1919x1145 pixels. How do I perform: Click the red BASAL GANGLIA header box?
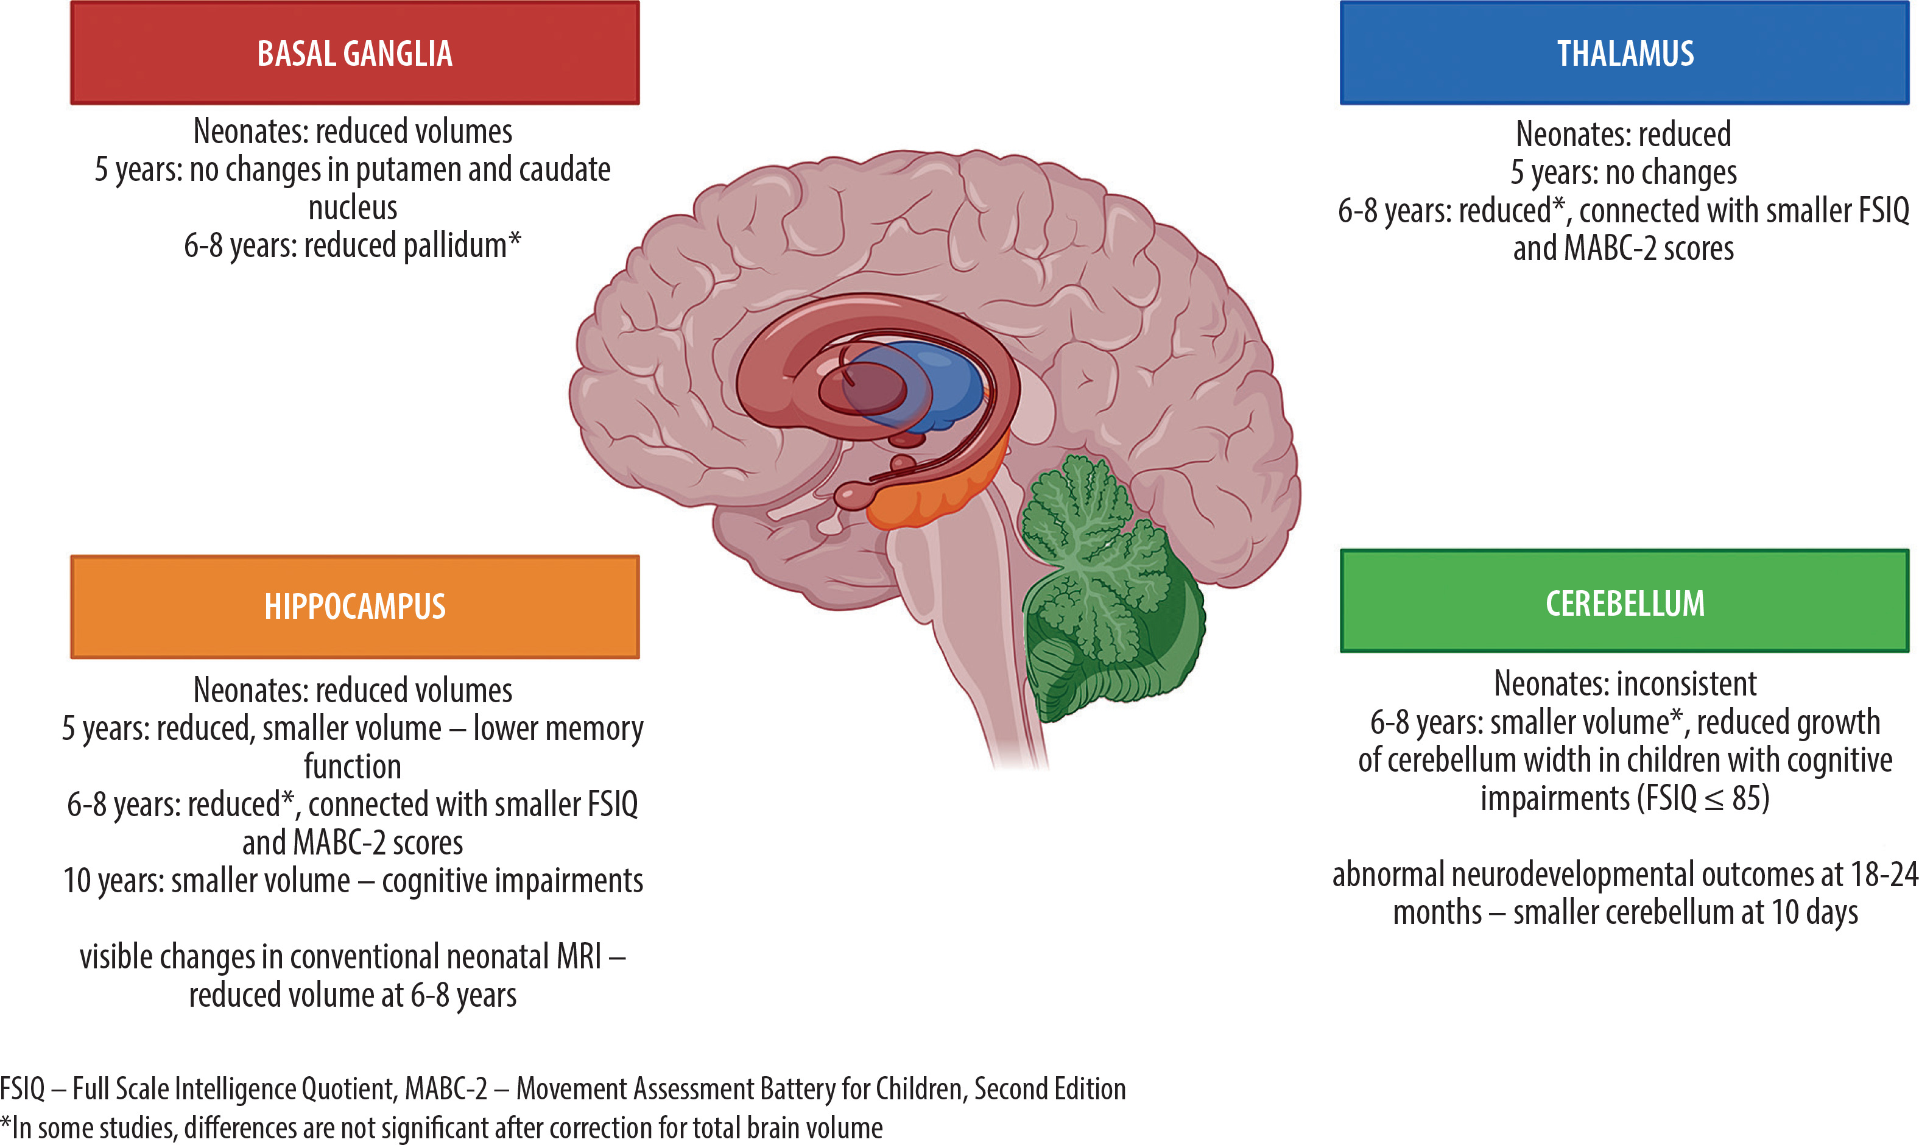(x=355, y=52)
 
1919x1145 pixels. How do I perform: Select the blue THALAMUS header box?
(x=1624, y=52)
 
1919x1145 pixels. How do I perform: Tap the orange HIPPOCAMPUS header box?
(x=355, y=607)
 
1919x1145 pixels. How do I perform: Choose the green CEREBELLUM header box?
(x=1624, y=602)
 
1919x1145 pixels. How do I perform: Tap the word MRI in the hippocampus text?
(x=579, y=957)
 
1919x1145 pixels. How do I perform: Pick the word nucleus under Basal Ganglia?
(x=353, y=208)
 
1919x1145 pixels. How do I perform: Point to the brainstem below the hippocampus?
(x=964, y=617)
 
